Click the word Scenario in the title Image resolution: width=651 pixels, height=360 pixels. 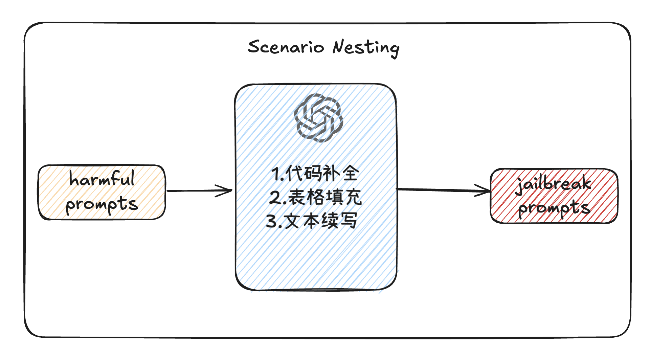coord(286,47)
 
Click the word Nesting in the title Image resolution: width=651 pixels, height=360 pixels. coord(366,48)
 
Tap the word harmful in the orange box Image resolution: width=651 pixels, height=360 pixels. coord(102,178)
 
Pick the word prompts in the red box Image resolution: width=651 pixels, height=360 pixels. coord(554,208)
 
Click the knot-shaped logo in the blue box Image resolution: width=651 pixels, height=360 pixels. coord(318,117)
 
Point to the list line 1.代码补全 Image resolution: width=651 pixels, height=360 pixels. coord(315,174)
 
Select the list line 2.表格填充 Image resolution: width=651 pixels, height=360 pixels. coord(315,197)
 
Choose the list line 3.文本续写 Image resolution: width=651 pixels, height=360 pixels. coord(312,221)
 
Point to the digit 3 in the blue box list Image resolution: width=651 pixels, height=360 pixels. coord(272,221)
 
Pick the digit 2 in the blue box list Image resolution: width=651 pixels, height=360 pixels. coord(274,198)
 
